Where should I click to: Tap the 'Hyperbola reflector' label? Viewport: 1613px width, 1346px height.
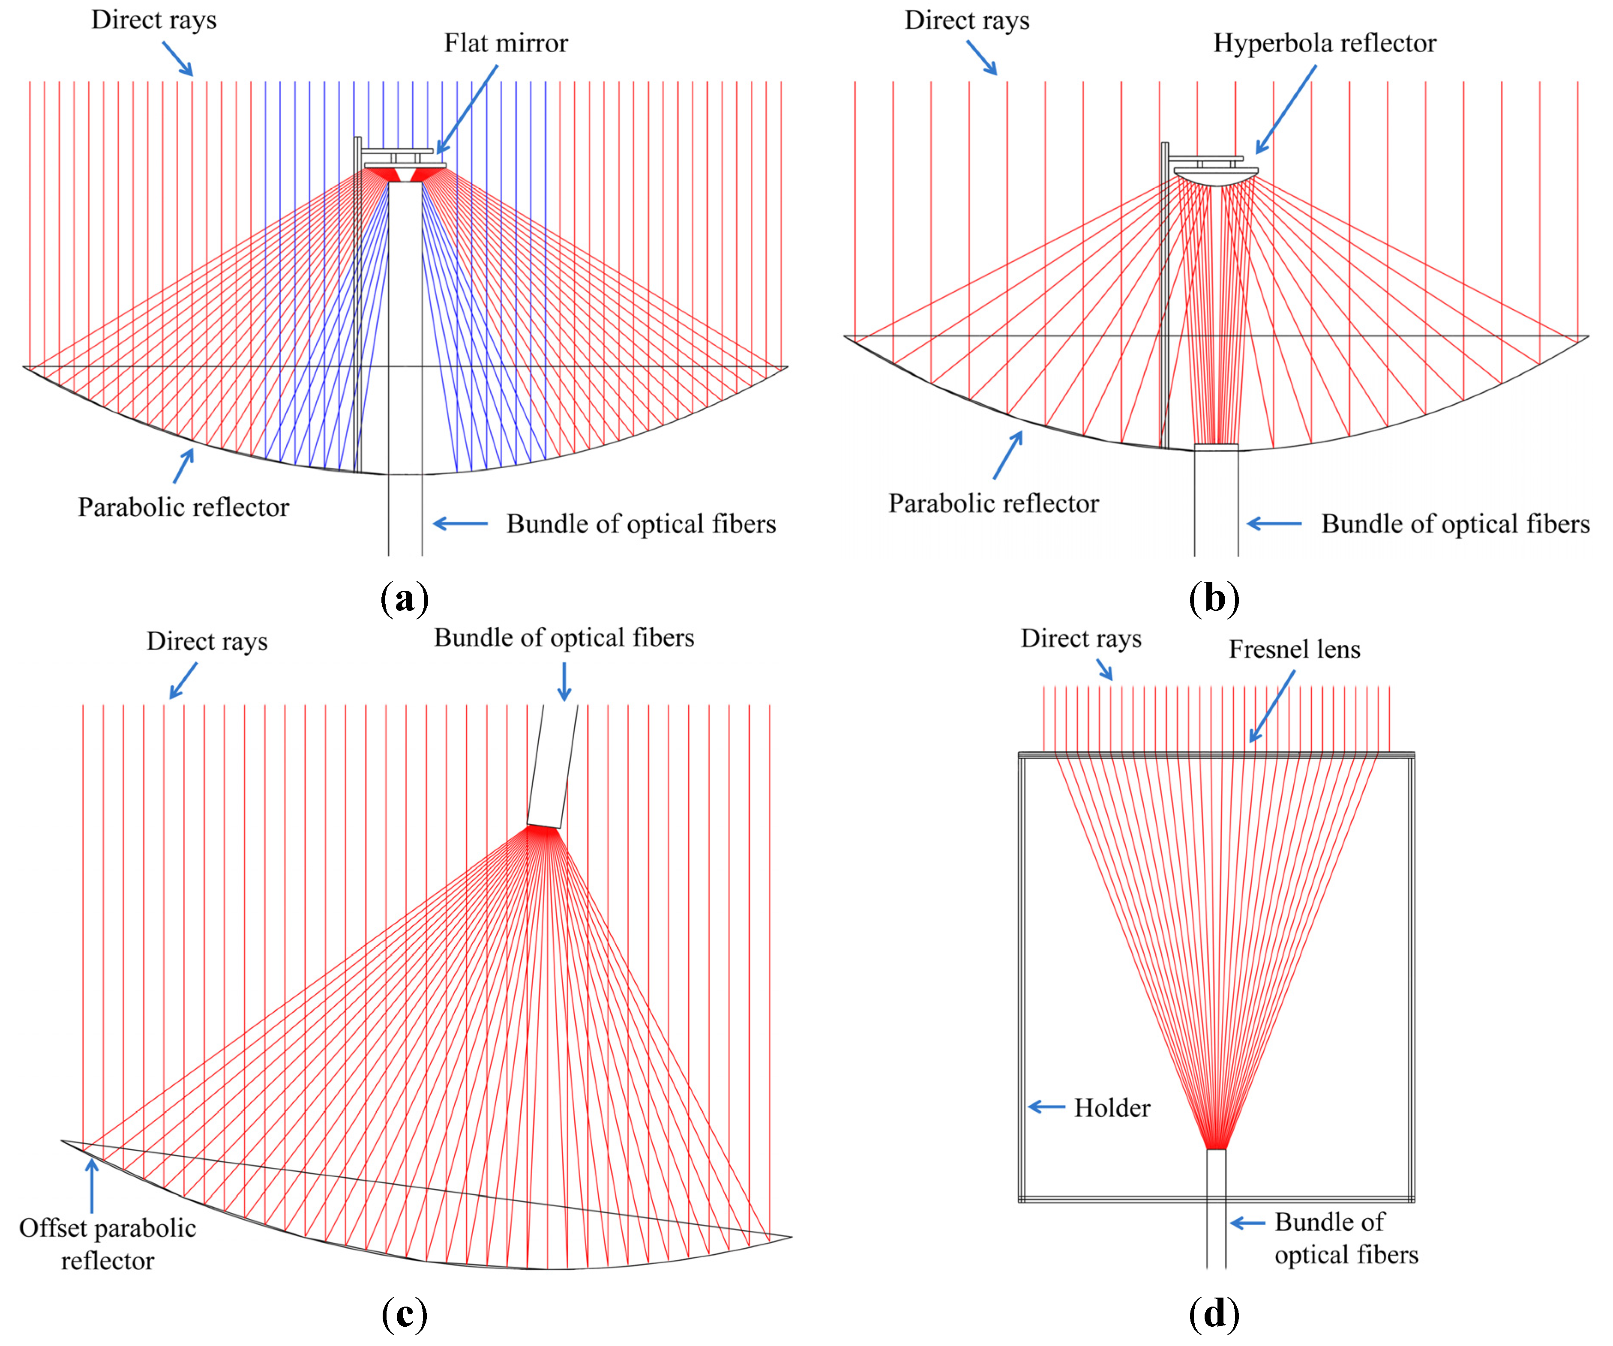point(1324,43)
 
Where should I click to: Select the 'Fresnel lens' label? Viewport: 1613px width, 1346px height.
point(1294,649)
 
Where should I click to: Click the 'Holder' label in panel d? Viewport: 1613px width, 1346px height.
point(1112,1108)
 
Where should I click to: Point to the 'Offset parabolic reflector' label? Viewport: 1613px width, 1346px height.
point(108,1244)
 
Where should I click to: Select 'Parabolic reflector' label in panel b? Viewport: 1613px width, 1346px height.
point(993,504)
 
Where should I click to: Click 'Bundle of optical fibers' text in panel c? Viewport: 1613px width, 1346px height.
point(564,638)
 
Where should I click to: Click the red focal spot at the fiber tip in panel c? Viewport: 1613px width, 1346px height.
point(544,832)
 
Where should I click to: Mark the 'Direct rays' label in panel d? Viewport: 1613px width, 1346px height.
point(1081,639)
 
